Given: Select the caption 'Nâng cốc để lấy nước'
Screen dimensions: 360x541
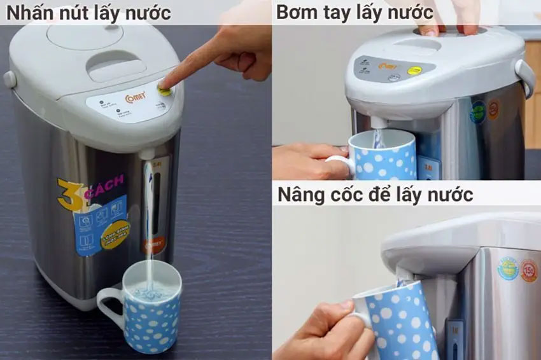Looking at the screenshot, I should click(375, 194).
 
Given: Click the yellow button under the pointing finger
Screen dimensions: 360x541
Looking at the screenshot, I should click(164, 91).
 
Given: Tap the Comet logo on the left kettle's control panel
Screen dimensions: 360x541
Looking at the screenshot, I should click(135, 97).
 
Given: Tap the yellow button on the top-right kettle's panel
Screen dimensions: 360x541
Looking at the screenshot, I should click(414, 70).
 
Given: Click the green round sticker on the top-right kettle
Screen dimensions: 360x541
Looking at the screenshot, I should click(477, 113).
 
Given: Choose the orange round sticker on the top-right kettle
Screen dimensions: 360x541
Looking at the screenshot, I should click(493, 108).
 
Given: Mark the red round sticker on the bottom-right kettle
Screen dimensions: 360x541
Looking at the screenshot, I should click(529, 271).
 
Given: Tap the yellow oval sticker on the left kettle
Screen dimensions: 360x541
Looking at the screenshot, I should click(115, 233).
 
